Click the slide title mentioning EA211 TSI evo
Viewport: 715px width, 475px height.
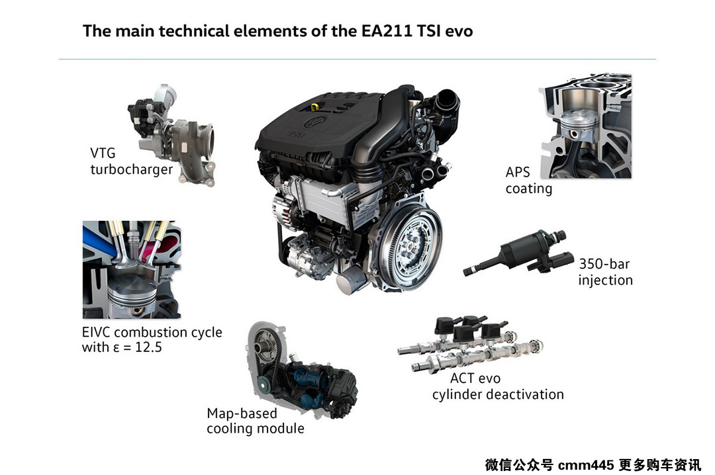277,31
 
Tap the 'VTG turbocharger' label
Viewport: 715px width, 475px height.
131,161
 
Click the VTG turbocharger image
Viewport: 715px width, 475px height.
172,134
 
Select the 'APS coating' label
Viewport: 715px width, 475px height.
528,180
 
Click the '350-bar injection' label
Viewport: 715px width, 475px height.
605,272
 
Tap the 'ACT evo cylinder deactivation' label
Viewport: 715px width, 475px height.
498,386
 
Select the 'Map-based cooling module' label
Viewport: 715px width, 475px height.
256,421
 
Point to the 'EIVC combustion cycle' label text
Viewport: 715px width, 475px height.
152,332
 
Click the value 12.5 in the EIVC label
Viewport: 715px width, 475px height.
149,347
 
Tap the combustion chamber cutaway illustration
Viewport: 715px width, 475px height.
132,269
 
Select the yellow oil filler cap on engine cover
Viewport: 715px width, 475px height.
314,107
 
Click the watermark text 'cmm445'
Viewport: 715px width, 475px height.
586,465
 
